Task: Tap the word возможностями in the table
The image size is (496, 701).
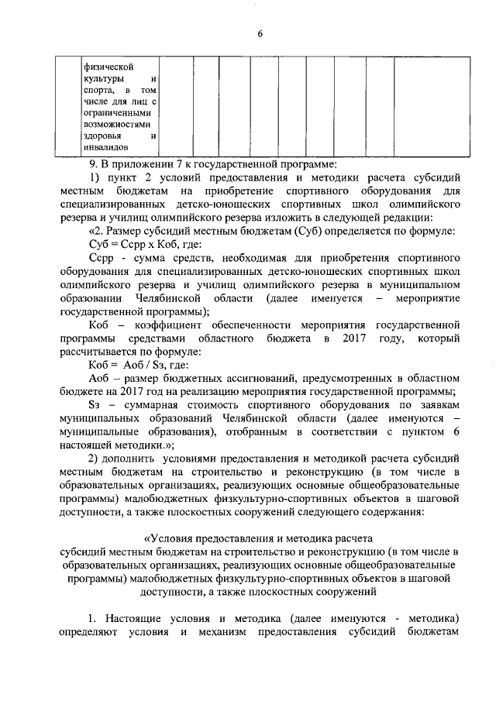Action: pyautogui.click(x=116, y=123)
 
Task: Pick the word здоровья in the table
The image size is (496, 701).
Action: pyautogui.click(x=104, y=136)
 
